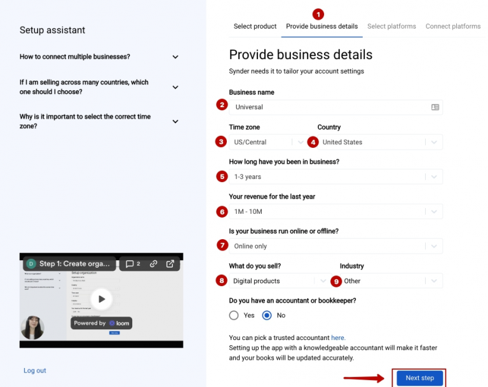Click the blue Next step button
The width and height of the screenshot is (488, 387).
tap(419, 378)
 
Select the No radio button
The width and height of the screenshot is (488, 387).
tap(267, 315)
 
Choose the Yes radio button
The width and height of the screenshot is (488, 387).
tap(234, 315)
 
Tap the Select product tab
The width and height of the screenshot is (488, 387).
tap(255, 27)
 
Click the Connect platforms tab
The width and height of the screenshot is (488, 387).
tap(453, 27)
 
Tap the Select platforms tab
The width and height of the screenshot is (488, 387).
tap(391, 27)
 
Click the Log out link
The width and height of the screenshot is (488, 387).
tap(35, 371)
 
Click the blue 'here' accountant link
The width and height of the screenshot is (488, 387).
tap(338, 338)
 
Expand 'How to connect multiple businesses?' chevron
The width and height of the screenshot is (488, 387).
tap(175, 57)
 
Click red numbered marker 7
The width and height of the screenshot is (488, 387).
tap(222, 246)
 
